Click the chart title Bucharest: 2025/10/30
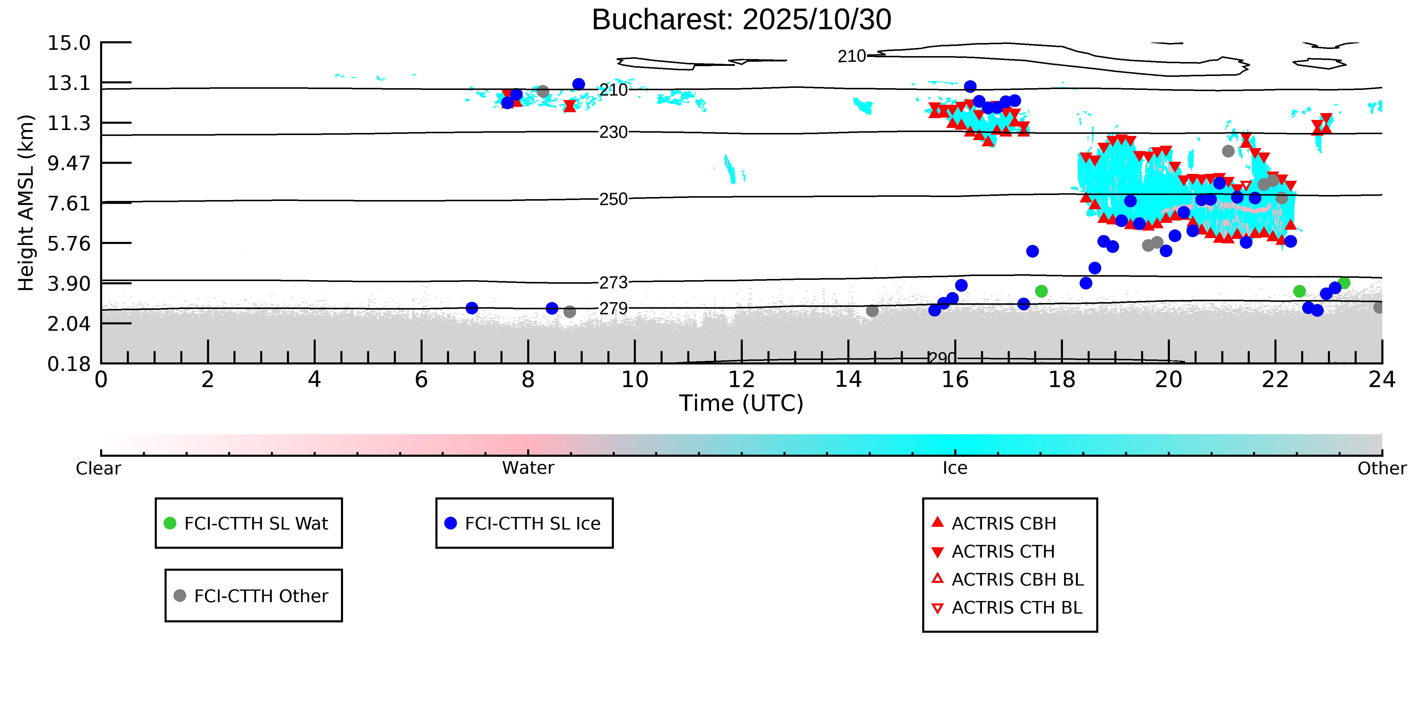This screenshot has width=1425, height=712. point(741,20)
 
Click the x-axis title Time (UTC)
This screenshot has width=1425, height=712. point(741,403)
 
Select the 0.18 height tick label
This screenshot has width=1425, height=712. point(69,364)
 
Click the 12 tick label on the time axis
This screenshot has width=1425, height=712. point(741,380)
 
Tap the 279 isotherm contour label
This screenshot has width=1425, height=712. point(614,308)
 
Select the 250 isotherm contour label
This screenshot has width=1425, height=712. point(614,199)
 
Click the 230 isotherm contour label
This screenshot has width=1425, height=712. point(614,132)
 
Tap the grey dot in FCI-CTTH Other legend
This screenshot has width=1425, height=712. point(180,595)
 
